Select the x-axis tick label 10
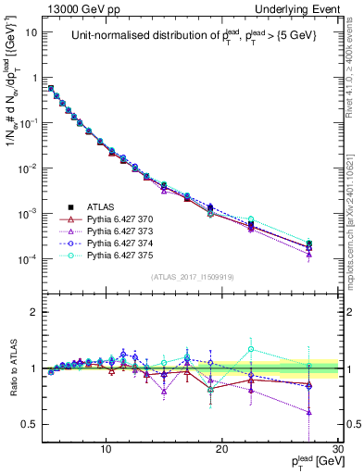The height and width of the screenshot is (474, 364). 107,447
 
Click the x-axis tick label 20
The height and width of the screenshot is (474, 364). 222,447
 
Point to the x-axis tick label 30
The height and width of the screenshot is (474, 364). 337,447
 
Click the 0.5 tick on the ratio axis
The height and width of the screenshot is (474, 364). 35,424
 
